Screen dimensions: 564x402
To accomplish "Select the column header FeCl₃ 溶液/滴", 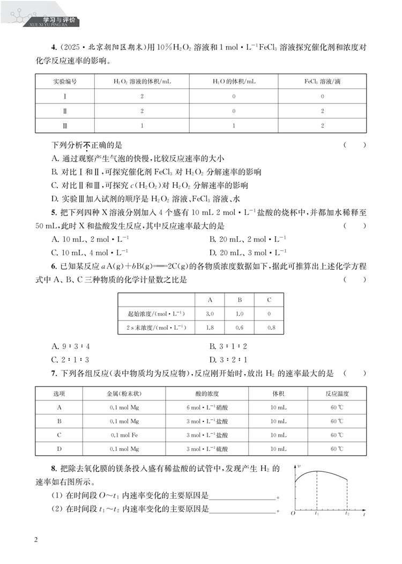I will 322,81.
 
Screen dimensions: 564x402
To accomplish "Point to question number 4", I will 54,50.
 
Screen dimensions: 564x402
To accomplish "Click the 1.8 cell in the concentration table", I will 210,327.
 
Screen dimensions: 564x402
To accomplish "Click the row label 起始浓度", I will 157,313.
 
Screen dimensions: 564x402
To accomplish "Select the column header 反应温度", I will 337,394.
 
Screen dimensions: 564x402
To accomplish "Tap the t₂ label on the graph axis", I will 347,514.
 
